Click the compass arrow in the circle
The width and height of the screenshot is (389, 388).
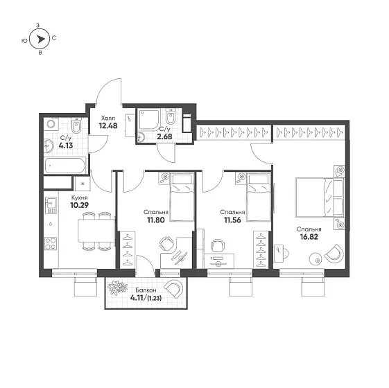pos(41,39)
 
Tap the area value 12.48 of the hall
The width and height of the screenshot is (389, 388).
pos(108,126)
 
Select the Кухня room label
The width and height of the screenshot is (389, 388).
pos(79,198)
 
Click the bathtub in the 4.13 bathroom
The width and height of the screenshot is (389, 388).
pos(65,166)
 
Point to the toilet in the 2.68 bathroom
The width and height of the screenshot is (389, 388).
pos(170,116)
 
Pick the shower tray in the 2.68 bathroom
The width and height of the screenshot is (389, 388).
pos(149,120)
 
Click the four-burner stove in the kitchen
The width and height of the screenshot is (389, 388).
pos(51,243)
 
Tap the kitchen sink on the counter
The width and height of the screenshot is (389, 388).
pos(51,205)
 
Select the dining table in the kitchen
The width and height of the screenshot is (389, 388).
pos(96,231)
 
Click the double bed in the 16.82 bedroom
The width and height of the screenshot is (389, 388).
pos(320,197)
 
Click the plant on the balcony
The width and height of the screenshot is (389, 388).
pos(117,288)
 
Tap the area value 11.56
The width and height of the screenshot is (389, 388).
pos(232,220)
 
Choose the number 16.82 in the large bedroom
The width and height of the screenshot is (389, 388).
pos(309,237)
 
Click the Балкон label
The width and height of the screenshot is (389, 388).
pos(146,290)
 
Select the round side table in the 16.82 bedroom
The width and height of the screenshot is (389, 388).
pos(315,259)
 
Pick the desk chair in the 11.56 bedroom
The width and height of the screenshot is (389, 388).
pos(217,245)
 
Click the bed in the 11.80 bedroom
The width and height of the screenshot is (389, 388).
pos(182,197)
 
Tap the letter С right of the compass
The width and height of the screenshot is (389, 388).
pos(54,38)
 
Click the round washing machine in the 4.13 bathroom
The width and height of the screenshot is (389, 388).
pos(51,124)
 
